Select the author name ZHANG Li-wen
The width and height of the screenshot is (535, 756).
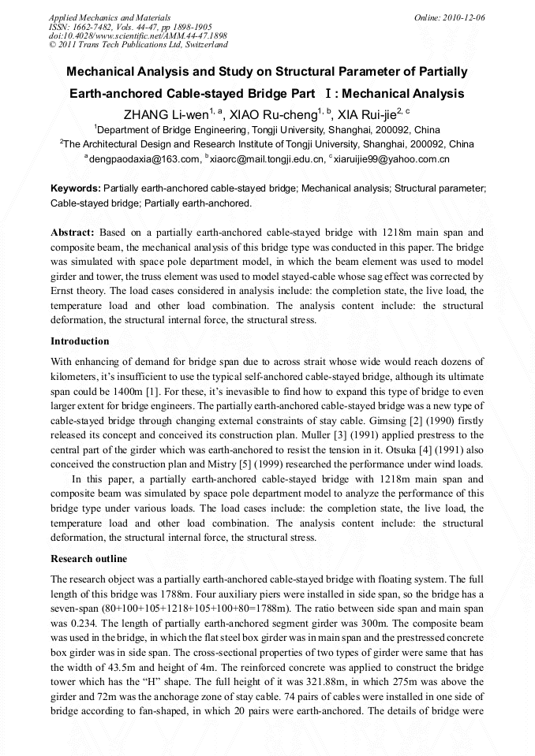[159, 114]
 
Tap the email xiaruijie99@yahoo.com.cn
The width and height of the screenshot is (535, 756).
[391, 159]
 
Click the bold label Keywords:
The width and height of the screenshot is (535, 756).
[75, 189]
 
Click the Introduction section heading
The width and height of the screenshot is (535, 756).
[80, 341]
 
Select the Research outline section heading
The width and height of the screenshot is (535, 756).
[88, 559]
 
